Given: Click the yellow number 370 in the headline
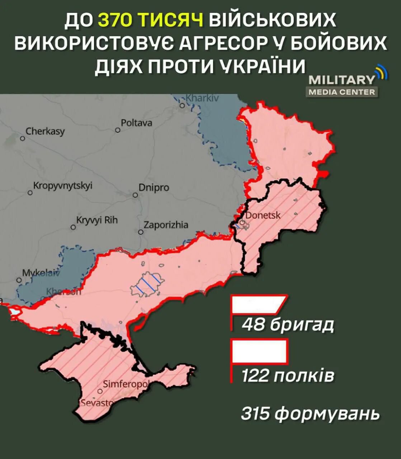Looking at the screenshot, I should coord(114,20).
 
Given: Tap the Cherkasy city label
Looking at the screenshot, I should coord(45,131).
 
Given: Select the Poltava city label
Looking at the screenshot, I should coord(136,123).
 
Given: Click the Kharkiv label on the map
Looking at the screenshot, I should coord(202,98).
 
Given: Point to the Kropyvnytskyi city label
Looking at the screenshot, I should coord(63,186).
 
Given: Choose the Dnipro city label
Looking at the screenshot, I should coord(154,188).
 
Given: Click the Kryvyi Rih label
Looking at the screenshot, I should coord(97,220).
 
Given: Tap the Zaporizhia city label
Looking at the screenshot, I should coord(166,225).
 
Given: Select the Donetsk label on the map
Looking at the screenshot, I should coord(263,215).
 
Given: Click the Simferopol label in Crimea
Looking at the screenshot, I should coord(125,384).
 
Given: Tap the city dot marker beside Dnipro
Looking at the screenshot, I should coord(135,195).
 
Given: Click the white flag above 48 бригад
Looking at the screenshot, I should coord(258,305).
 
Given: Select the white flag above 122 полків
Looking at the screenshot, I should coord(259,351).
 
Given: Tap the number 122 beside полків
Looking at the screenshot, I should coord(255,376).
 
